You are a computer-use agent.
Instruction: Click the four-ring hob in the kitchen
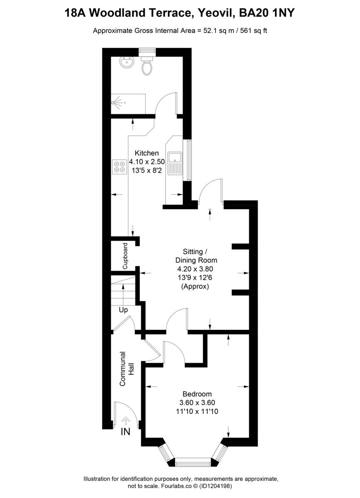[120, 166]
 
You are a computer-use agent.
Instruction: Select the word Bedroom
[197, 394]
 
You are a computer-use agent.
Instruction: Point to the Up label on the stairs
[123, 310]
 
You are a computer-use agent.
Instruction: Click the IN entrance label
[125, 432]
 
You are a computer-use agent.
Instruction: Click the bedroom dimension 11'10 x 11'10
[197, 411]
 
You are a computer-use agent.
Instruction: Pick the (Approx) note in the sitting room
[195, 286]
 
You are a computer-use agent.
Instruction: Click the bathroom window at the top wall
[147, 51]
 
